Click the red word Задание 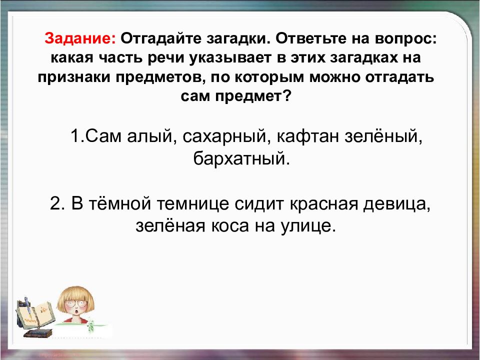click(80, 38)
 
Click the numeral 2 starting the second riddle click(55, 205)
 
